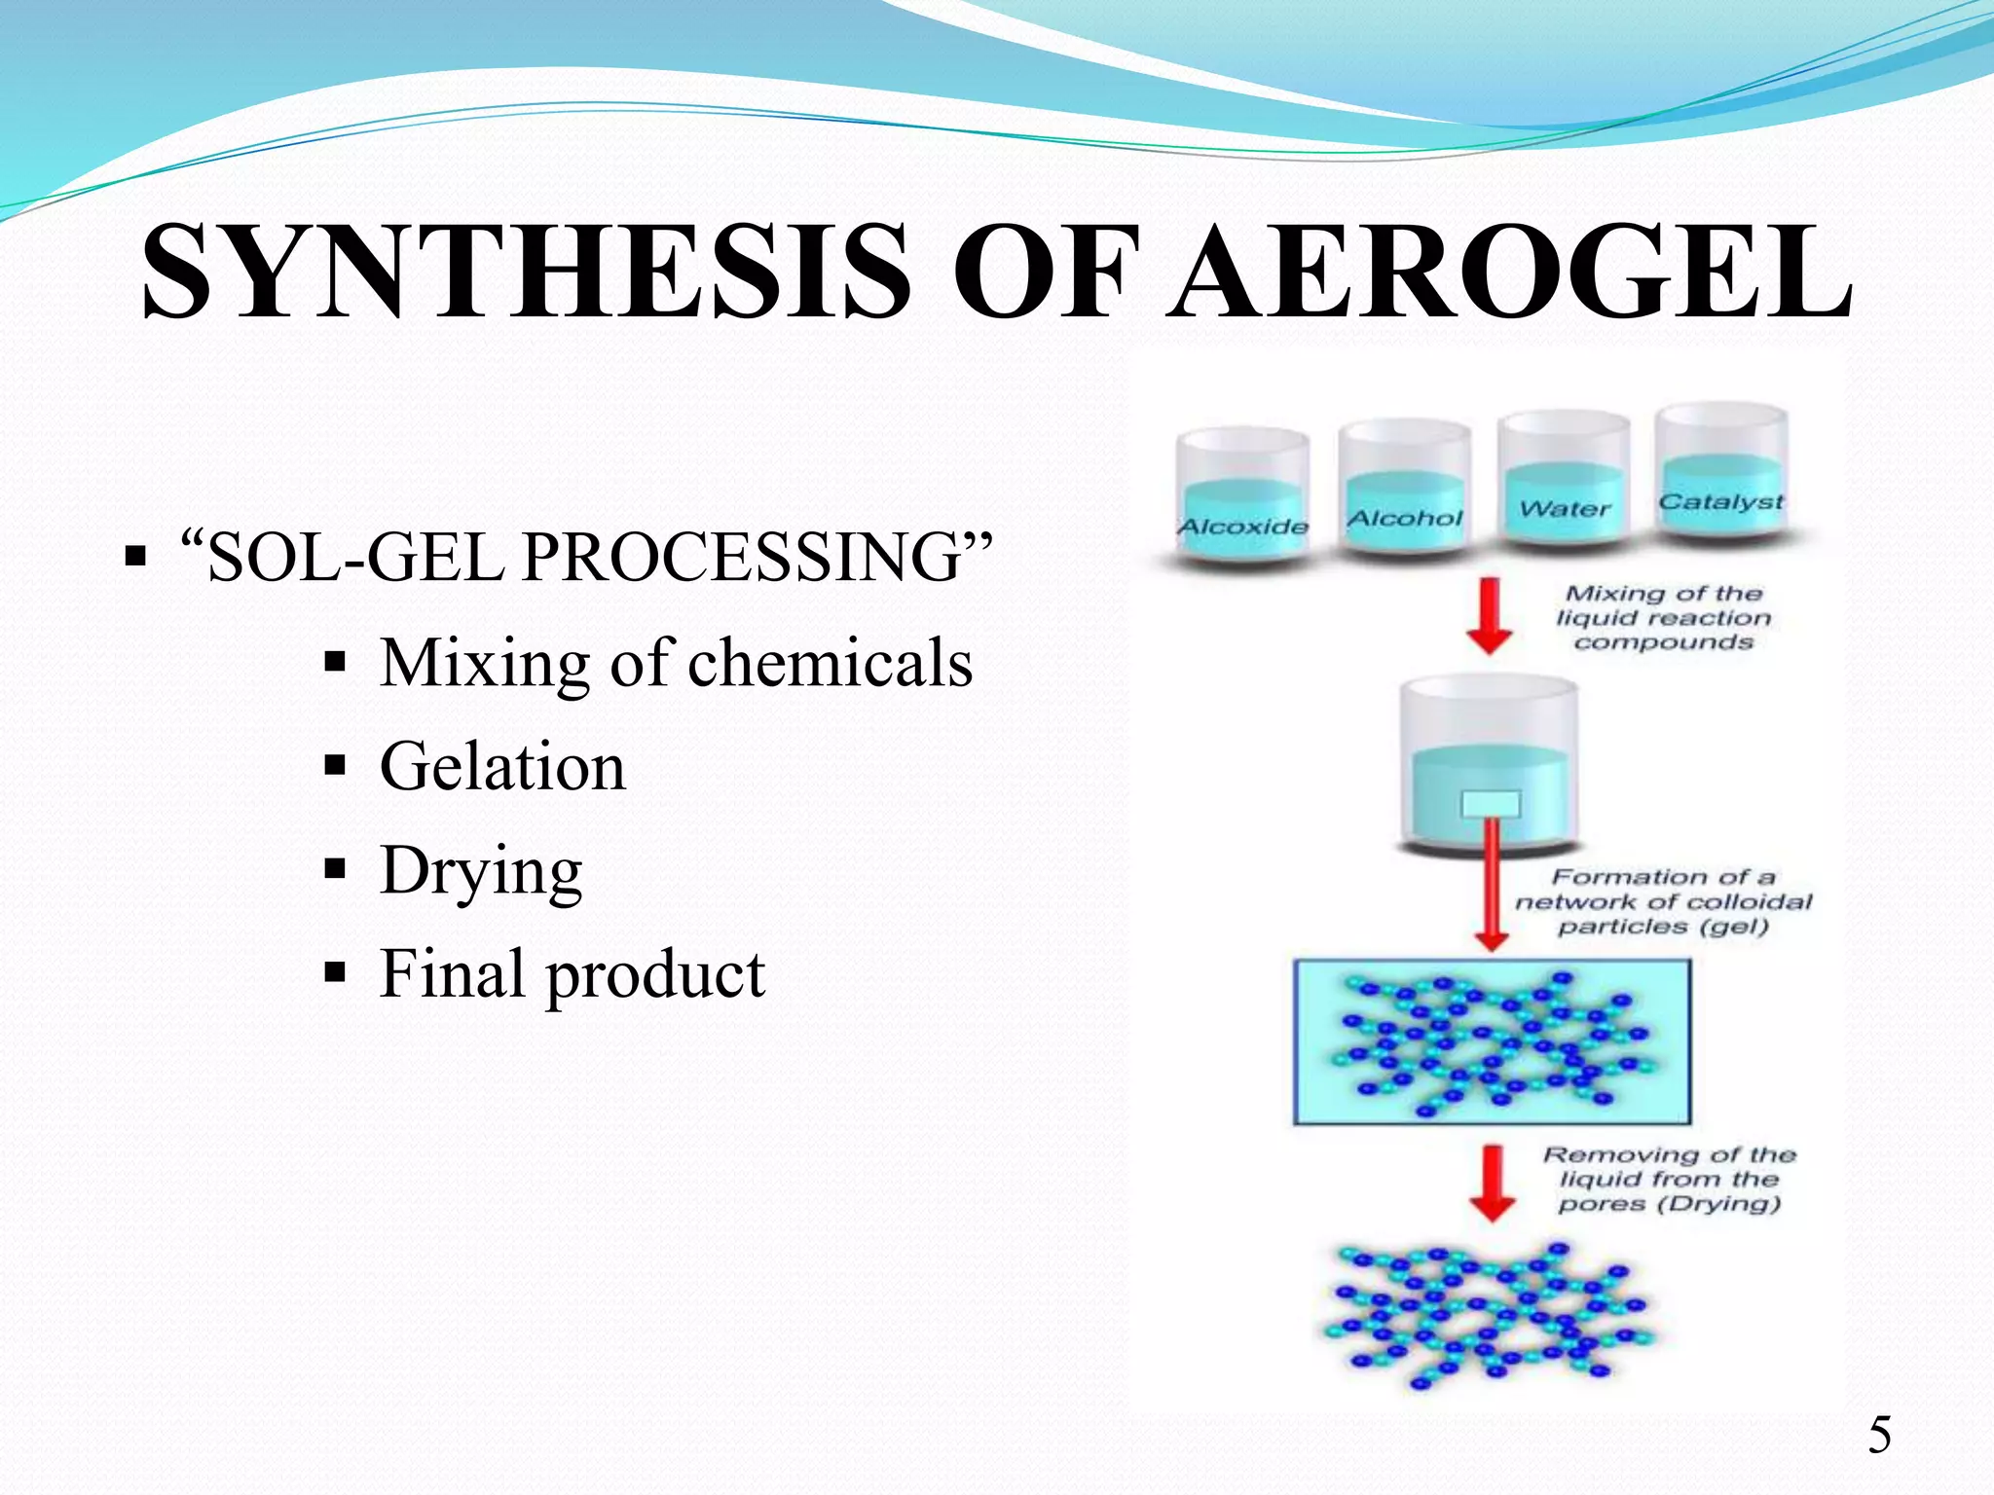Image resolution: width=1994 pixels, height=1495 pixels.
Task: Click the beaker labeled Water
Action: [1564, 481]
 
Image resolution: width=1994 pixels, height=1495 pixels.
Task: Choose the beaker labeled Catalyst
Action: [1721, 473]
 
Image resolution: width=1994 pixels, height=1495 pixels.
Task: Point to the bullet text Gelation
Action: [502, 766]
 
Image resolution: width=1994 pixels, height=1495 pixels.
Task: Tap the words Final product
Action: [572, 972]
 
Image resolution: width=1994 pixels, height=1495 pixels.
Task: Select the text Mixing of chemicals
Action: [676, 663]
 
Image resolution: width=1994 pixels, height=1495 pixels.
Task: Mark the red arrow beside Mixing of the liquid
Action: [1490, 616]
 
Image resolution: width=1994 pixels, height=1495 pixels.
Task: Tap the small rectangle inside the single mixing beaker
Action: [1490, 804]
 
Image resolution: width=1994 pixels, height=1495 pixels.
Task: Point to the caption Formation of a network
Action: [1663, 902]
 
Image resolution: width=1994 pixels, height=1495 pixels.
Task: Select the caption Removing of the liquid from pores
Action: [1669, 1180]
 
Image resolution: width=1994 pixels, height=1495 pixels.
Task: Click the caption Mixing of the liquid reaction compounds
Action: [1663, 617]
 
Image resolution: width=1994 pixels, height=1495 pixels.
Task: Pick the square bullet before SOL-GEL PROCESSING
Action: [136, 559]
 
